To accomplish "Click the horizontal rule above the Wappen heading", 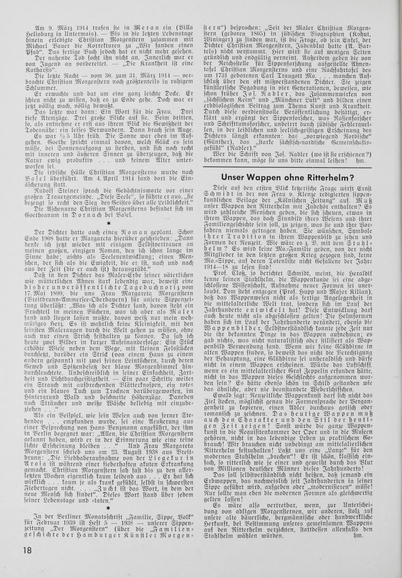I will tap(287, 167).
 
